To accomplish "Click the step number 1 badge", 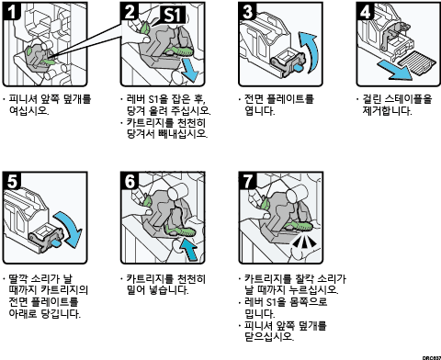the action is point(11,11).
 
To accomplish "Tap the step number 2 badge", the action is point(130,11).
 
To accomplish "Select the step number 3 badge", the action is point(247,11).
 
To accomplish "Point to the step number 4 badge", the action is point(366,11).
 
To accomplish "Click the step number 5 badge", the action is point(12,181).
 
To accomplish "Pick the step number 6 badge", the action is point(130,181).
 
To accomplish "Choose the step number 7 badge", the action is point(247,181).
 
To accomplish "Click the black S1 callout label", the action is point(174,15).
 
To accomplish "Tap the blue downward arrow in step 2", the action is point(189,71).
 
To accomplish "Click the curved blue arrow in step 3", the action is point(310,51).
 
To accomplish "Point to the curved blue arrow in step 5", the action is point(70,228).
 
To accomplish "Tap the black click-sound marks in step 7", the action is point(304,242).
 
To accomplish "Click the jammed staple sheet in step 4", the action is point(417,63).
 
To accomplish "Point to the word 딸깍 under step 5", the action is point(20,278).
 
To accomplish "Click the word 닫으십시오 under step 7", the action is point(269,336).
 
